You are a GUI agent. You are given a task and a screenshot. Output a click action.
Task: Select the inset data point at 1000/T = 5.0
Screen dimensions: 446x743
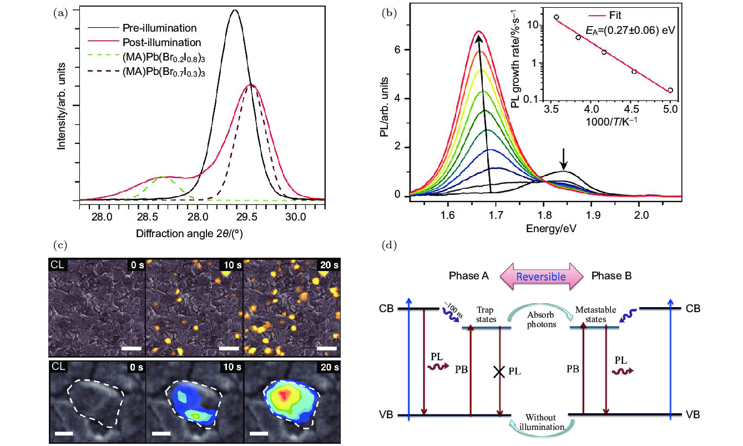[670, 90]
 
